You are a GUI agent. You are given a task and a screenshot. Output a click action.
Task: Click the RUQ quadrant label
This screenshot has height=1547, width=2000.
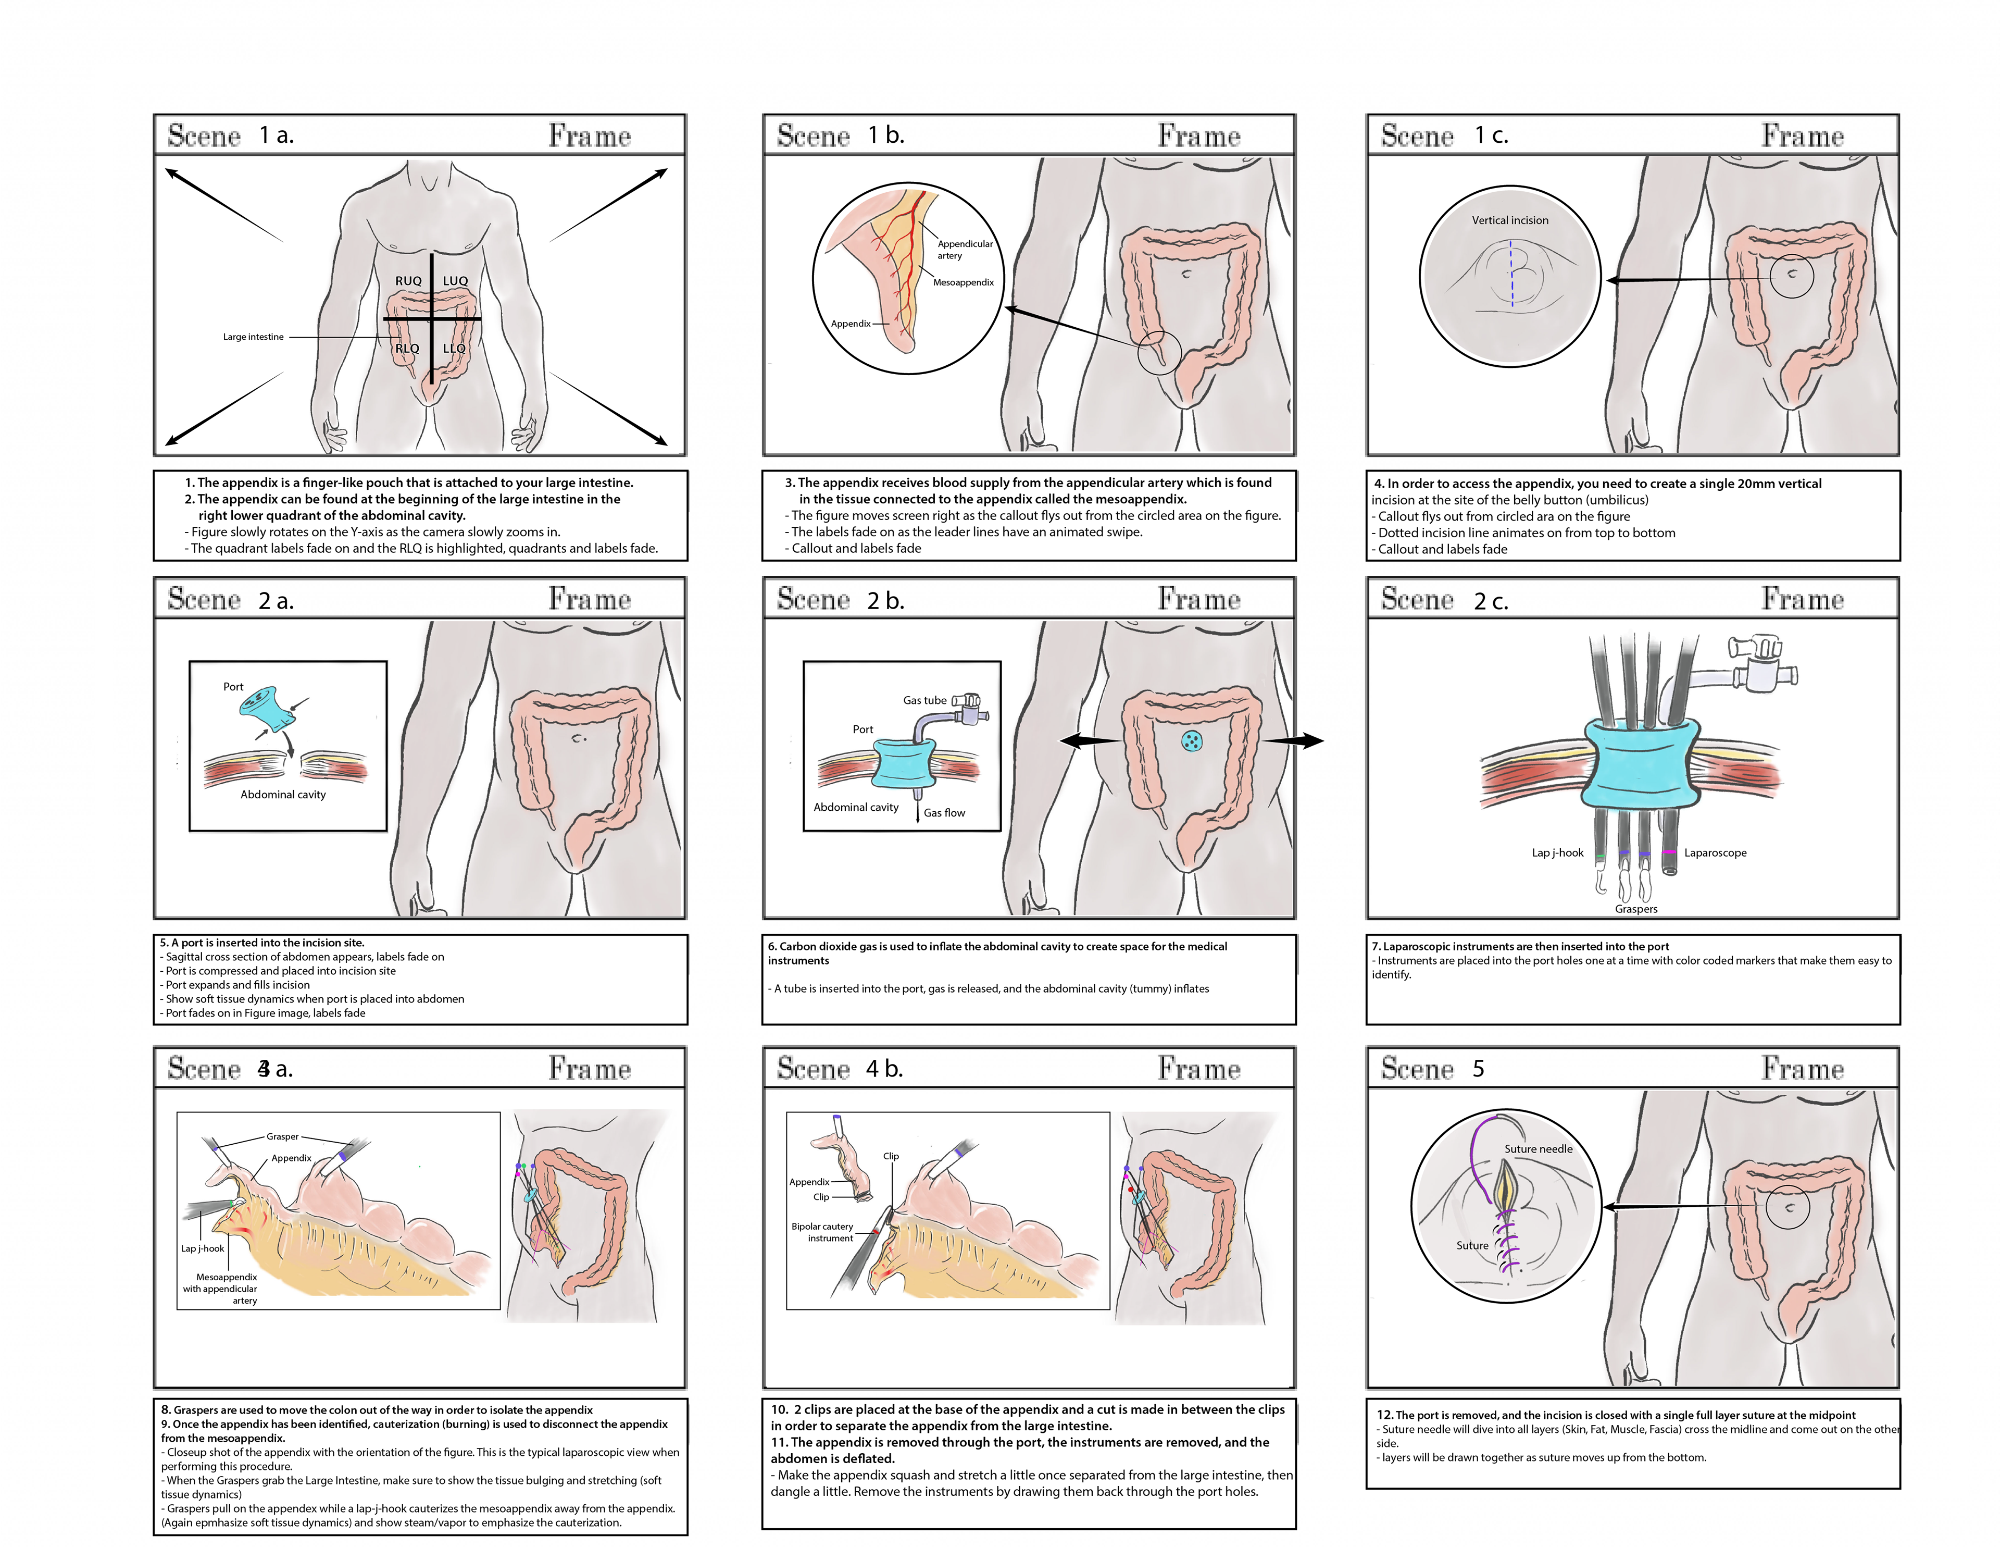408,280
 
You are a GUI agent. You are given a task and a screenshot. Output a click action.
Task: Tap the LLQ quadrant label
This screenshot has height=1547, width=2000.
454,348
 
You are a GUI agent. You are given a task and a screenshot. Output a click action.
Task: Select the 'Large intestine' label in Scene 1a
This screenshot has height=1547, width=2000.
253,337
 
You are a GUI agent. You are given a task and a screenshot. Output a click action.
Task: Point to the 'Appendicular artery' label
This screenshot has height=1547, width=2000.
964,249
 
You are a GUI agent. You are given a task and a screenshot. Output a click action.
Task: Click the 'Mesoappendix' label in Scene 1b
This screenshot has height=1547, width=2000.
963,282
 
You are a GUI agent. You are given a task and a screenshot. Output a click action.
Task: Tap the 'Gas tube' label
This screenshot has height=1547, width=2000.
924,700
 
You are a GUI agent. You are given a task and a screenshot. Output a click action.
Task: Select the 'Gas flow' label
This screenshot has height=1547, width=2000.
943,812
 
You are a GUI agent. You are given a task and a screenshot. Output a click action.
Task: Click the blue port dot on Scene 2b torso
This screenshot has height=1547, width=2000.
1191,742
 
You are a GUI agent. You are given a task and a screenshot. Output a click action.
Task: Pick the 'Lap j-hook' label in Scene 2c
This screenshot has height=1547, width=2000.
1557,853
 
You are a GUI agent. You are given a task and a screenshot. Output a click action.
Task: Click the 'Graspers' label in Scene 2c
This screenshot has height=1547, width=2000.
1635,909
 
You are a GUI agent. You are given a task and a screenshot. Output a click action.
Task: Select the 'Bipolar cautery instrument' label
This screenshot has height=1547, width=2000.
822,1232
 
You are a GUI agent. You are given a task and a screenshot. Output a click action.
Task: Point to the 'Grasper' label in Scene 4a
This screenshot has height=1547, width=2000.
282,1136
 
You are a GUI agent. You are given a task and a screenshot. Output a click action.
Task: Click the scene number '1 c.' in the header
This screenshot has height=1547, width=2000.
1491,135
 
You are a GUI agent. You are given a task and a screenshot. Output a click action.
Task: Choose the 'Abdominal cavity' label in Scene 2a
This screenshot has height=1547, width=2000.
283,794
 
